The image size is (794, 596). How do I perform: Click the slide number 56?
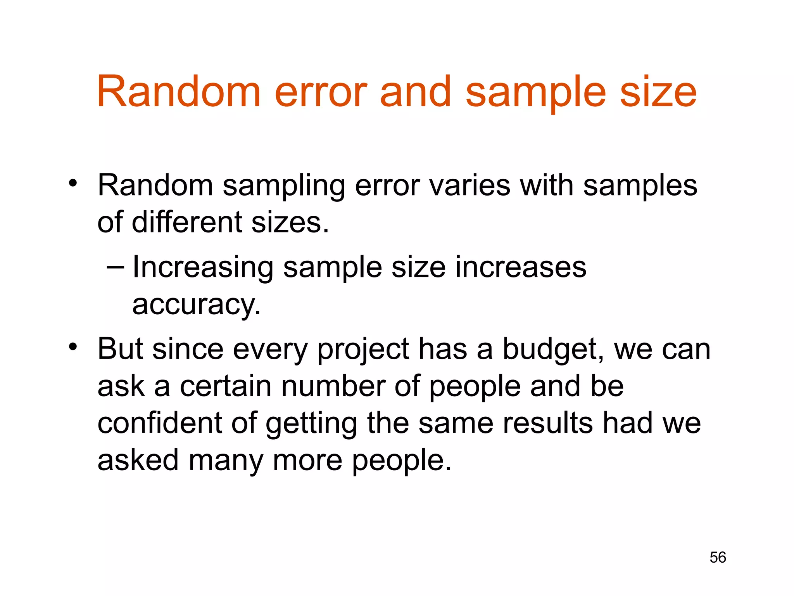point(718,557)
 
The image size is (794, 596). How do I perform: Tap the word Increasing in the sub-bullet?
point(203,268)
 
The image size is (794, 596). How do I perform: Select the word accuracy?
point(195,305)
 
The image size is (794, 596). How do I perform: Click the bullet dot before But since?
point(72,347)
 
